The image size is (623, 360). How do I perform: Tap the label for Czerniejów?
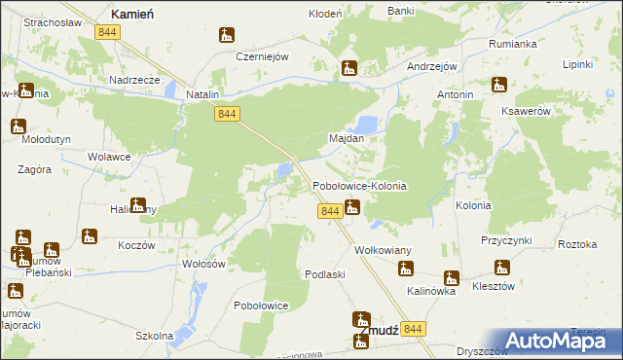263,56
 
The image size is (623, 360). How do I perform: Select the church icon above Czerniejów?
227,36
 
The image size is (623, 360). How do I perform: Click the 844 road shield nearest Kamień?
108,32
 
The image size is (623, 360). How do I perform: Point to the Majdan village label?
346,138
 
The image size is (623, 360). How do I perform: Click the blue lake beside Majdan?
367,125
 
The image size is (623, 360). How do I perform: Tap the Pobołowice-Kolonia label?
358,185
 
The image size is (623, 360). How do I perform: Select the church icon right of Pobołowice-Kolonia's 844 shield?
352,206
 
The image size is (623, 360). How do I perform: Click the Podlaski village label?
325,274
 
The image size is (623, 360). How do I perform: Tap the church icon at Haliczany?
138,205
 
